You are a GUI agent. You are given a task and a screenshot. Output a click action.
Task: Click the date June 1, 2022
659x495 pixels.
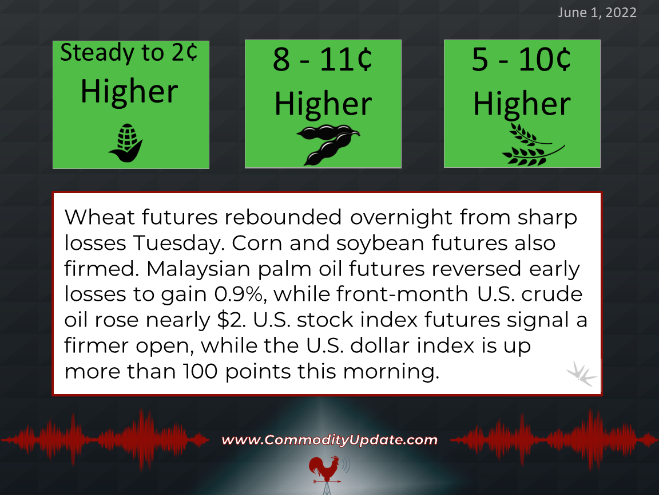tap(597, 13)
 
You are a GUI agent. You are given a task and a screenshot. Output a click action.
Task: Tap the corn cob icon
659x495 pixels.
tap(126, 143)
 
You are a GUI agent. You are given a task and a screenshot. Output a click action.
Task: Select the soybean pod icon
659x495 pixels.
tap(328, 144)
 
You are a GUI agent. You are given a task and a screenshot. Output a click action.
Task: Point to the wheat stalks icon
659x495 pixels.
tap(533, 144)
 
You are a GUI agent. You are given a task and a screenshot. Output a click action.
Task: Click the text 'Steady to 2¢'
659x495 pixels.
tap(129, 53)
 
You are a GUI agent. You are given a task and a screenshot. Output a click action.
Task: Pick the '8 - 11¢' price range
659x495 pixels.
tap(323, 60)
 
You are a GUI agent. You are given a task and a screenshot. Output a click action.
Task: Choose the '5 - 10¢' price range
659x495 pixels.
tap(521, 60)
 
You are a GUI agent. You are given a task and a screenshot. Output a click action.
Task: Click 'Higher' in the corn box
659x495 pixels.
tap(129, 91)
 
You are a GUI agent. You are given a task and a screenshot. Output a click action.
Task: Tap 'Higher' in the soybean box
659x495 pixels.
tap(323, 104)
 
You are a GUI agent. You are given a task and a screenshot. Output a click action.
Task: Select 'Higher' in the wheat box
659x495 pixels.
tap(522, 104)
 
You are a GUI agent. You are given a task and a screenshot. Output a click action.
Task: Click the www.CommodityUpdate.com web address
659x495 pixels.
tap(329, 440)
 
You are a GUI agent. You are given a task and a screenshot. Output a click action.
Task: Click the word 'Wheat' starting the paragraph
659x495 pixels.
tap(100, 217)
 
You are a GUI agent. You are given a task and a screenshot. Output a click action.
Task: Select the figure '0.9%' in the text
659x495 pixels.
tap(240, 294)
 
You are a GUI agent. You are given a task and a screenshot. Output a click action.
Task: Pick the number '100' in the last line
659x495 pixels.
tap(200, 371)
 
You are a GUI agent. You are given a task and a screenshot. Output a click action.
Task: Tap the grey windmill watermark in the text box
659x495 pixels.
tap(581, 373)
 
